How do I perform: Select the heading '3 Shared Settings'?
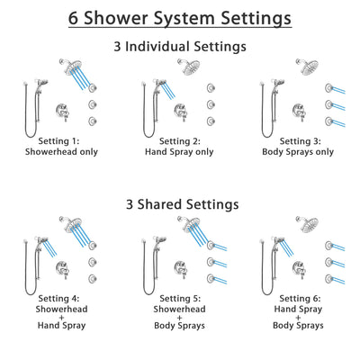(x=180, y=204)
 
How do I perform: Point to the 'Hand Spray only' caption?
(x=180, y=153)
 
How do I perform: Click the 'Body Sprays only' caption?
(x=299, y=153)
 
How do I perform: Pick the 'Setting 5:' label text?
(x=180, y=298)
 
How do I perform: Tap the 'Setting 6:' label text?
(x=299, y=298)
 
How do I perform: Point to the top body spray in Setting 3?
(x=328, y=88)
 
